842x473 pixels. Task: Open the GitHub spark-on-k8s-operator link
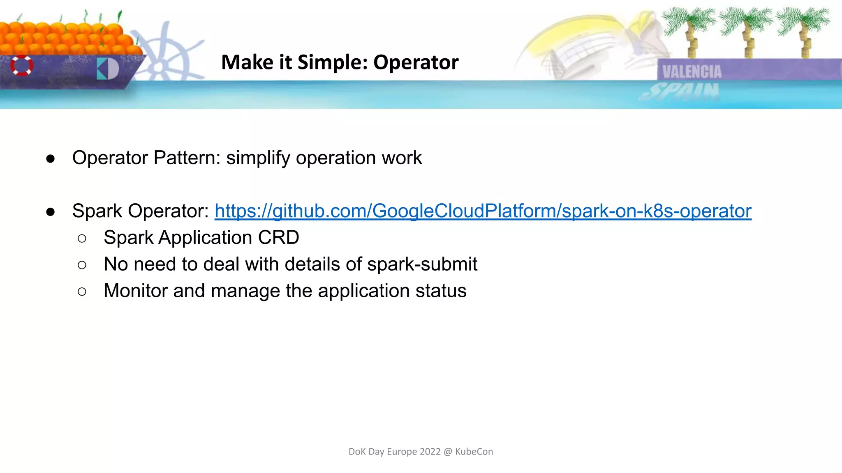(x=483, y=211)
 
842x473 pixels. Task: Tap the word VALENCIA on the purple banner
(x=692, y=72)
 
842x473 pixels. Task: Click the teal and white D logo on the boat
(x=108, y=69)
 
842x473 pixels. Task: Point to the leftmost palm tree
(x=689, y=29)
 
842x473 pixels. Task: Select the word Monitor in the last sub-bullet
(x=135, y=291)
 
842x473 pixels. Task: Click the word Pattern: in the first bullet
(x=187, y=158)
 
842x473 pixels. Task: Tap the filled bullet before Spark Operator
(x=51, y=212)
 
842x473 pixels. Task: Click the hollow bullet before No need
(x=82, y=265)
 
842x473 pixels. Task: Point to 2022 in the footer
(x=430, y=452)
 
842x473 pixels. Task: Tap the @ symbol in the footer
(x=448, y=452)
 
